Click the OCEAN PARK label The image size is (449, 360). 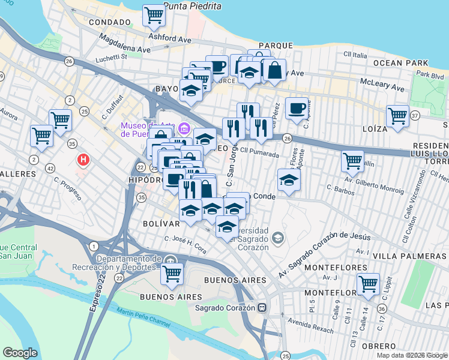(x=400, y=63)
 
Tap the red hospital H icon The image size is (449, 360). (x=85, y=160)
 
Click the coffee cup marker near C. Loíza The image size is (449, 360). (x=297, y=109)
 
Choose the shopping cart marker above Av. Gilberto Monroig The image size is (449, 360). (x=352, y=161)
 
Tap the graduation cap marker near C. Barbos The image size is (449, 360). (x=289, y=180)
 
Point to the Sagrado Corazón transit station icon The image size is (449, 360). (x=262, y=308)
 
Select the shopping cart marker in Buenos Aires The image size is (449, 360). (x=172, y=273)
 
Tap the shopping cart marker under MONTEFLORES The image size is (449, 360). (x=368, y=284)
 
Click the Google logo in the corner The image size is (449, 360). (x=20, y=353)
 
